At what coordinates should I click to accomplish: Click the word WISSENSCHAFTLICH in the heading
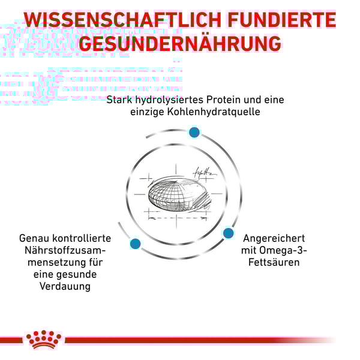pyautogui.click(x=122, y=20)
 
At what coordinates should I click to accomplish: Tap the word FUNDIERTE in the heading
pyautogui.click(x=282, y=20)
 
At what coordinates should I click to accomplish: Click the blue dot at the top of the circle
pyautogui.click(x=194, y=132)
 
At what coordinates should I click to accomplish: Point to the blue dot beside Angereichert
pyautogui.click(x=228, y=233)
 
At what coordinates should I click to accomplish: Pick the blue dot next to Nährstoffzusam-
pyautogui.click(x=135, y=244)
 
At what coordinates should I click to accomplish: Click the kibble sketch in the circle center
pyautogui.click(x=178, y=194)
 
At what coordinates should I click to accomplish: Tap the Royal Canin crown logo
pyautogui.click(x=44, y=340)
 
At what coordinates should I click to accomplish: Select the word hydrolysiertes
pyautogui.click(x=169, y=100)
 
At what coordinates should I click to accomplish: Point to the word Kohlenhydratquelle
pyautogui.click(x=214, y=112)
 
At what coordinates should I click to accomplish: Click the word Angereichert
pyautogui.click(x=274, y=239)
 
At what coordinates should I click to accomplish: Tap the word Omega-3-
pyautogui.click(x=283, y=250)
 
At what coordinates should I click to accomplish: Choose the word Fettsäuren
pyautogui.click(x=274, y=262)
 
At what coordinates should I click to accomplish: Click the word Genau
pyautogui.click(x=34, y=239)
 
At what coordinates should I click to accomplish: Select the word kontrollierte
pyautogui.click(x=82, y=239)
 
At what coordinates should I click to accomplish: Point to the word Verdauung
pyautogui.click(x=65, y=287)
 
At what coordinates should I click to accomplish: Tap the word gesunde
pyautogui.click(x=77, y=275)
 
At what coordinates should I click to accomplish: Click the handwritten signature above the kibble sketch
pyautogui.click(x=205, y=172)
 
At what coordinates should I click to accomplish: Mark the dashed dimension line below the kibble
pyautogui.click(x=177, y=218)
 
